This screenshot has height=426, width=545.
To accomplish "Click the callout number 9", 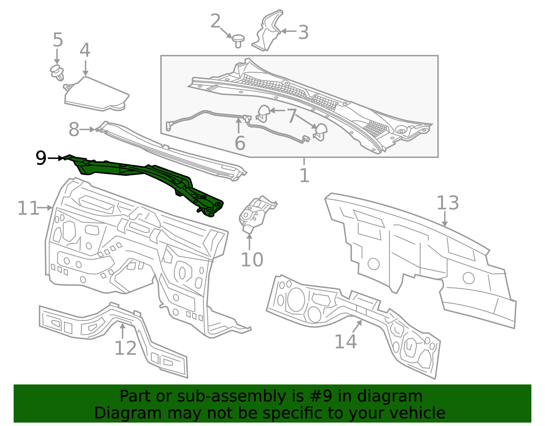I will (x=41, y=158).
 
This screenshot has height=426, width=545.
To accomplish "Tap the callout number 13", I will (x=448, y=203).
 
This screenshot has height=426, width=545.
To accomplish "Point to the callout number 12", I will (x=125, y=348).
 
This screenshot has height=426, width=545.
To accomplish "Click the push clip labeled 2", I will (x=238, y=40).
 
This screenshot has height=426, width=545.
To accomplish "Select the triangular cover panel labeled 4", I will (x=97, y=94).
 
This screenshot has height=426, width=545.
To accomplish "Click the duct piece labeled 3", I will (x=267, y=31).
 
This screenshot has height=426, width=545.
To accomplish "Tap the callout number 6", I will (x=240, y=143).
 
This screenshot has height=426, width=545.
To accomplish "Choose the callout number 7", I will (x=292, y=116).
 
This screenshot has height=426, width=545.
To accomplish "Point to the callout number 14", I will (x=345, y=341).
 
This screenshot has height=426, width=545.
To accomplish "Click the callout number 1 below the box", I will (x=304, y=175).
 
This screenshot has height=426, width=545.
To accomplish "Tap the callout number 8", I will (x=74, y=130).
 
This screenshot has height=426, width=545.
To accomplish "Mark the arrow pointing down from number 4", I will (x=85, y=68).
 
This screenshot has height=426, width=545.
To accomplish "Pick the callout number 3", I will (x=303, y=32).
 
